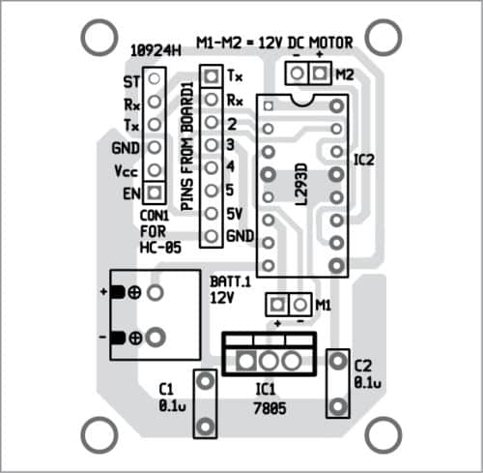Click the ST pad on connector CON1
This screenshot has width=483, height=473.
(155, 78)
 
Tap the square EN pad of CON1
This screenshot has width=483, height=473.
(155, 192)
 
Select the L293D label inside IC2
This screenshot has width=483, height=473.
(301, 184)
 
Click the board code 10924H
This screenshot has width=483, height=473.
(156, 51)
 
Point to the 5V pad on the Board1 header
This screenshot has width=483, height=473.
(212, 214)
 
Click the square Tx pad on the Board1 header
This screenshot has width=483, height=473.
(212, 76)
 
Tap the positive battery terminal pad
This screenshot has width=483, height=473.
(156, 293)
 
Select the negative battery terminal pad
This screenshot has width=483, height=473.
(156, 338)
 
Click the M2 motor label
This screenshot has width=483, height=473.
(345, 74)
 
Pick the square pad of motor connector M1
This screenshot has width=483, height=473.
(277, 305)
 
